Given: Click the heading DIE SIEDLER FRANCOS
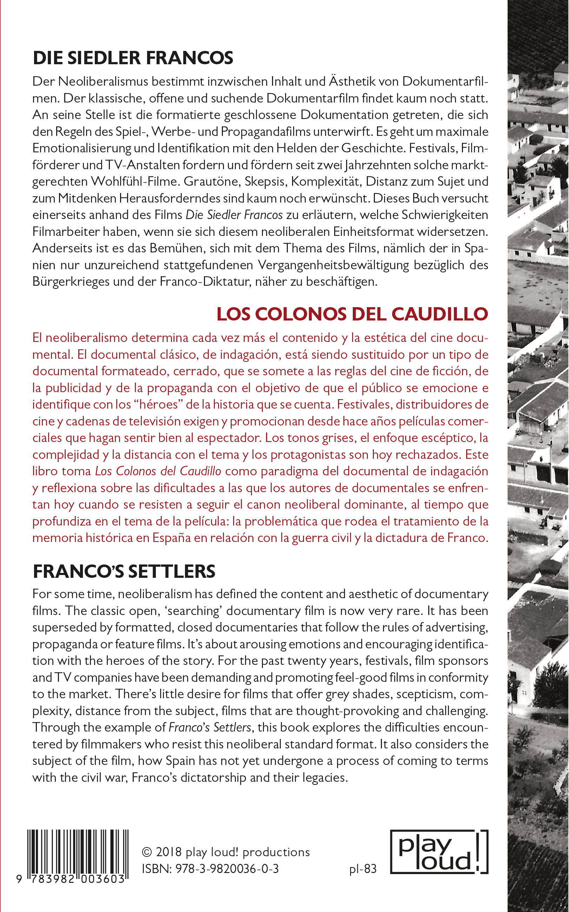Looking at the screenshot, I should [133, 58].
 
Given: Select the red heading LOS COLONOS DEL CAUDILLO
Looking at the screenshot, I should [352, 314].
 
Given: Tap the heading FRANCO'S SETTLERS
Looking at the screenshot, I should [124, 571].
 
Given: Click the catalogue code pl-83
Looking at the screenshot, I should [363, 869].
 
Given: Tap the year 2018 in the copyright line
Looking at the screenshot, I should [168, 852].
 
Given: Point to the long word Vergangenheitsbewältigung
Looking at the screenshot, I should [333, 265].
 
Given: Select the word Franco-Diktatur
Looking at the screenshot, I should [205, 282].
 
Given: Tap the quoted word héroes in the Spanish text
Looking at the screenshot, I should [158, 404].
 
